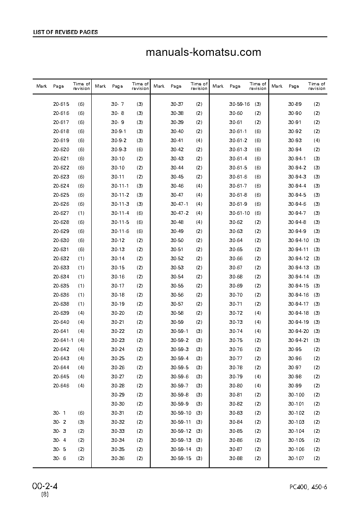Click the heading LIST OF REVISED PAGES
(x=65, y=32)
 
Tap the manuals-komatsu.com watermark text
(x=203, y=52)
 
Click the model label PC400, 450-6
(x=308, y=487)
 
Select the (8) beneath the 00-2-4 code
(x=45, y=494)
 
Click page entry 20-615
(x=61, y=104)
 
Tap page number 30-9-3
(x=119, y=149)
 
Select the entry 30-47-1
(x=179, y=204)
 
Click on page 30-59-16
(x=239, y=104)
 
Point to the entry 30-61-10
(x=239, y=213)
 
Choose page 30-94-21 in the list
(x=298, y=340)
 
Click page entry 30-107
(x=296, y=458)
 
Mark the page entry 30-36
(x=118, y=458)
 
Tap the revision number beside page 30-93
(x=317, y=140)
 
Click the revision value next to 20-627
(x=81, y=213)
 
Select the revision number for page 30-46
(x=199, y=186)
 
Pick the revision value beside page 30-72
(x=258, y=313)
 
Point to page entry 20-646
(x=61, y=386)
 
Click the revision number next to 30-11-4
(x=140, y=213)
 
